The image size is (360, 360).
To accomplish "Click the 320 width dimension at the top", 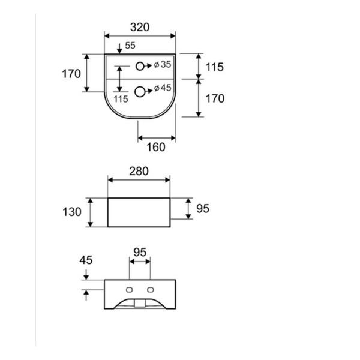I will [140, 27].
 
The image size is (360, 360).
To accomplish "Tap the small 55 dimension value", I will [130, 46].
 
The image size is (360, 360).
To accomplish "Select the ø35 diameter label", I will [163, 65].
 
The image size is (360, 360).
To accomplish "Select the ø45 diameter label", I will [163, 88].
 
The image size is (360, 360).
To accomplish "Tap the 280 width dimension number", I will [139, 172].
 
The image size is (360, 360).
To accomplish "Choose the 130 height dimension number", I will [71, 211].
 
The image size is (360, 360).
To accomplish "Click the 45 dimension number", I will [86, 260].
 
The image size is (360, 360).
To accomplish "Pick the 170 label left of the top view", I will [71, 74].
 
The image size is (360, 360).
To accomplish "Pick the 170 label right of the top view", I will [214, 98].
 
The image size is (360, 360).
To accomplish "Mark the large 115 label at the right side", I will [214, 67].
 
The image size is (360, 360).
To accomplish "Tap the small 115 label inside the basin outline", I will [121, 99].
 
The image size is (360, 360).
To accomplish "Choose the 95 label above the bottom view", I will [140, 253].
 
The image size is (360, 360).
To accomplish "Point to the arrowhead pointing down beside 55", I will [119, 48].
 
